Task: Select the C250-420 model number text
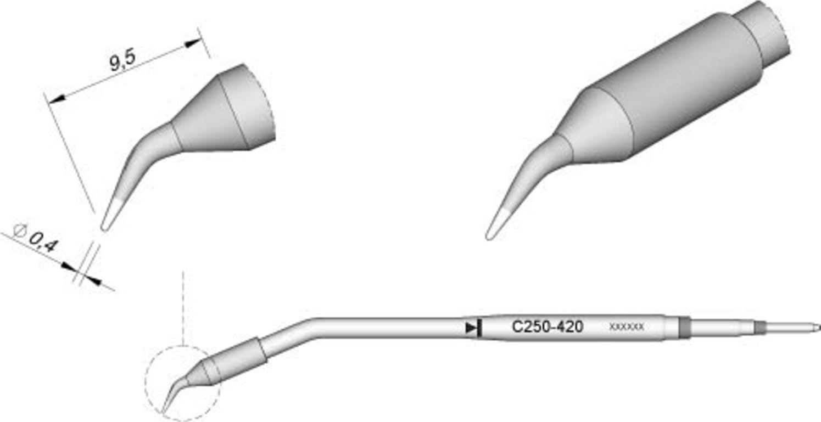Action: (x=547, y=328)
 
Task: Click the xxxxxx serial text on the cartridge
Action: (x=627, y=328)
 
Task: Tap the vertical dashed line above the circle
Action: (x=183, y=307)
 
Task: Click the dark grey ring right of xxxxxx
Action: (x=684, y=327)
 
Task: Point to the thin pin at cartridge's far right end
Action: (x=791, y=328)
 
